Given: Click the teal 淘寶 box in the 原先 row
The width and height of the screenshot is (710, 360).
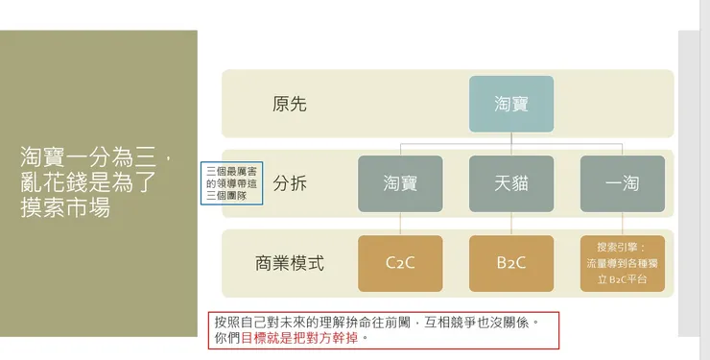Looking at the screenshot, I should [511, 103].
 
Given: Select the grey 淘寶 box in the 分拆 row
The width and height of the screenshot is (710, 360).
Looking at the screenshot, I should [400, 183].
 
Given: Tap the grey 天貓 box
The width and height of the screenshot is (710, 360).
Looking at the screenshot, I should [511, 183].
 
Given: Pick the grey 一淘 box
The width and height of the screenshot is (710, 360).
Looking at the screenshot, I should [623, 183].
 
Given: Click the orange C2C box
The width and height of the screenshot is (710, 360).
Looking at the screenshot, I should [400, 263].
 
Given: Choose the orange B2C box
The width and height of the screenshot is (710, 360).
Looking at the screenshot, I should [511, 263].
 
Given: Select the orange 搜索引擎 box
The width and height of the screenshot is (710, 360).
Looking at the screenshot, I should [623, 263].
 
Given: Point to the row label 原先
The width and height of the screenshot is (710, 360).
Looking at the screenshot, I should [290, 104].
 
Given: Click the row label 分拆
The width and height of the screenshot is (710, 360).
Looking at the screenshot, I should [290, 183].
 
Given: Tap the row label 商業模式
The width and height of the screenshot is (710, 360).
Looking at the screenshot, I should [290, 263].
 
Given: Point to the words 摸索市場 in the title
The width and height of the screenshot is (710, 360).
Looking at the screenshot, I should [64, 207].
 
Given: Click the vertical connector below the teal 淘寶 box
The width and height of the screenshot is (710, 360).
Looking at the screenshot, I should [511, 138].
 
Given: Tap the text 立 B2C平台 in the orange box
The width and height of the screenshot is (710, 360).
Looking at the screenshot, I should [623, 279].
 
